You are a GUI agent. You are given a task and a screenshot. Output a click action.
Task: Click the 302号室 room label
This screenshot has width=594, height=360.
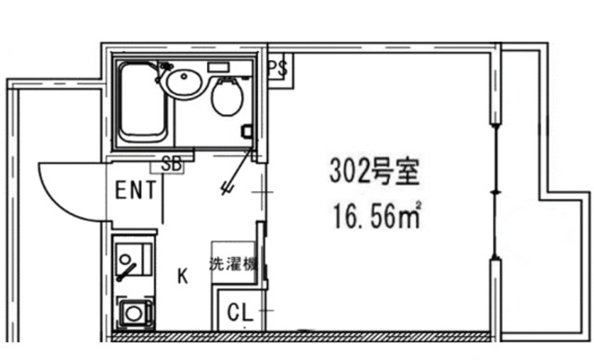tap(376, 172)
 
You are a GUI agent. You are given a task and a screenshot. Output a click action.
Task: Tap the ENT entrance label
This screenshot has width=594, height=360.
tap(135, 190)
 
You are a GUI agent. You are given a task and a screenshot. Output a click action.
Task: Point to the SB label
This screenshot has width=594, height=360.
tap(171, 164)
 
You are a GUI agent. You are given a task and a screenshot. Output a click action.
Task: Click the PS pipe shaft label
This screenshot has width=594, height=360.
tap(278, 68)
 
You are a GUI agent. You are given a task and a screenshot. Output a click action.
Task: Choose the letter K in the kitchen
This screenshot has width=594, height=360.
tap(183, 275)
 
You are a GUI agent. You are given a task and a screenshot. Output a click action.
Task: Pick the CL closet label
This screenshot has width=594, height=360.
tap(239, 313)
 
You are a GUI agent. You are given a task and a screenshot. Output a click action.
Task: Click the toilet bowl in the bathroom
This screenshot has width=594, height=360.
tap(226, 96)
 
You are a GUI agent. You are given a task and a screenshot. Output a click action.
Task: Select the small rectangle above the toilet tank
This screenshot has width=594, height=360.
tap(218, 67)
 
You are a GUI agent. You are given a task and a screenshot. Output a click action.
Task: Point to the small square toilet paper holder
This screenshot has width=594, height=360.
tap(246, 132)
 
